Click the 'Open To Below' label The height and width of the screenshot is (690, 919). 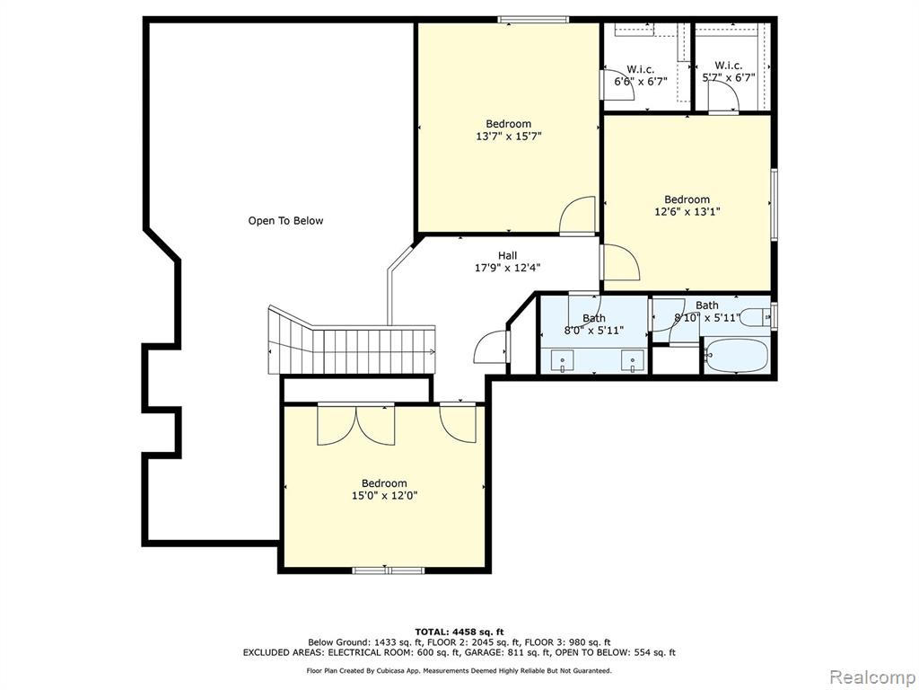click(285, 221)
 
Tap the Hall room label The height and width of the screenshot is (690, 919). click(508, 255)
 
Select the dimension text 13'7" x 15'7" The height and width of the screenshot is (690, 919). click(508, 137)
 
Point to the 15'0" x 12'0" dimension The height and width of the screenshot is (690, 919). click(384, 496)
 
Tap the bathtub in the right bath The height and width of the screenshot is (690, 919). click(736, 355)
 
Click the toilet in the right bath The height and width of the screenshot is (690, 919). click(756, 317)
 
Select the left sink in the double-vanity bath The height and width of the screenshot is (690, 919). click(563, 360)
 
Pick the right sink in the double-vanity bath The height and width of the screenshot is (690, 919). click(633, 360)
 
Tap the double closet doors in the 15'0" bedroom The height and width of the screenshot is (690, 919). click(355, 424)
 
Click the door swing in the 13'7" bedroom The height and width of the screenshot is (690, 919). click(578, 216)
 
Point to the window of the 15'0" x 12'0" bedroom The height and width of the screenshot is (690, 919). click(388, 570)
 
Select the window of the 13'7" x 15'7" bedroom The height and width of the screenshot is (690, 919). click(533, 20)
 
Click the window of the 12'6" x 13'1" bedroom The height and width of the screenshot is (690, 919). click(775, 204)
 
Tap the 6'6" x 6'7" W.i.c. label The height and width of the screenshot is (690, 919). click(641, 75)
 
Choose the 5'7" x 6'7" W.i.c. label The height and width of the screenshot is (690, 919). click(729, 72)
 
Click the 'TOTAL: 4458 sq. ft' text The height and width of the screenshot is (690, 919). click(459, 632)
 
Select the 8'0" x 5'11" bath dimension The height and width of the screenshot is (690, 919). click(594, 331)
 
